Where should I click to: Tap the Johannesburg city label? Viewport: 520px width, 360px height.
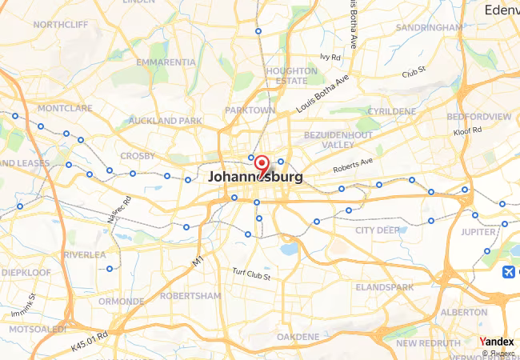tap(255, 178)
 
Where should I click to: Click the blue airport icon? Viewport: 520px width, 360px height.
tap(508, 272)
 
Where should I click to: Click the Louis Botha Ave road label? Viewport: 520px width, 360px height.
tap(323, 94)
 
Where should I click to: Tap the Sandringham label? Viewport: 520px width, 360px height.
tap(429, 27)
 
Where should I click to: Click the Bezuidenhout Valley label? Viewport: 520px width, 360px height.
tap(338, 140)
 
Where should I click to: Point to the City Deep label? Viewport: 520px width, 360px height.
tap(378, 230)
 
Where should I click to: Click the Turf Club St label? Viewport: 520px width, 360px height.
tap(251, 275)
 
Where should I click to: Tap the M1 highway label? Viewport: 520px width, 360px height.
tap(198, 261)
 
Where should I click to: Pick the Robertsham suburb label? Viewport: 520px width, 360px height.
tap(190, 294)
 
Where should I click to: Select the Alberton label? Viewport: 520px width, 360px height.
tap(464, 312)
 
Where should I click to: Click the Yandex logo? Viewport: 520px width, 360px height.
tap(497, 342)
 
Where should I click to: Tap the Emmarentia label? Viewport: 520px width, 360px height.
tap(166, 62)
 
